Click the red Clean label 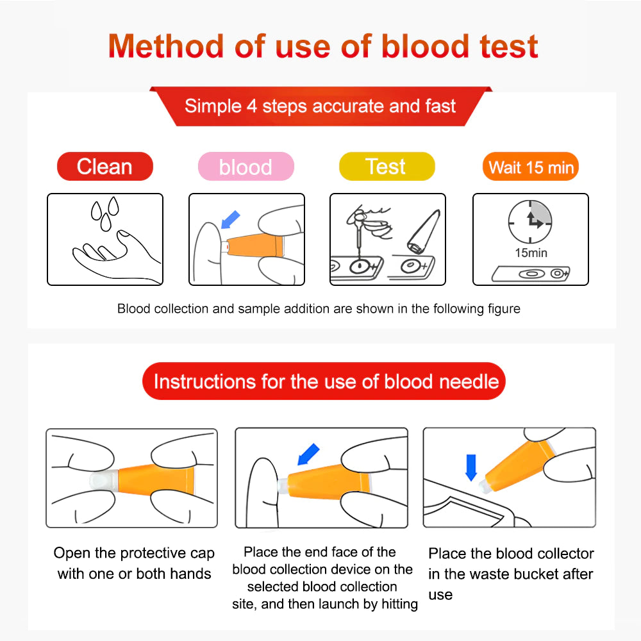click(105, 167)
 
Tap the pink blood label click(246, 167)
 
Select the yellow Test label click(387, 167)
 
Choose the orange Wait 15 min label click(531, 167)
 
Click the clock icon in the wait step click(530, 222)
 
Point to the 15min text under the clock click(531, 253)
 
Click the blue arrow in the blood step click(230, 219)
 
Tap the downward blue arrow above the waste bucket click(471, 467)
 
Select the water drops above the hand click(104, 213)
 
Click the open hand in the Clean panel click(117, 256)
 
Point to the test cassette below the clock click(530, 274)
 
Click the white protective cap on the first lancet click(104, 480)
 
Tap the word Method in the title click(165, 46)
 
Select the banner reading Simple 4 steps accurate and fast click(320, 106)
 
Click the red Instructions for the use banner click(324, 381)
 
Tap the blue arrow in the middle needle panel click(308, 454)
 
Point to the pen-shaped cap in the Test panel click(424, 231)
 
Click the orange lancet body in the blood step click(255, 246)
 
